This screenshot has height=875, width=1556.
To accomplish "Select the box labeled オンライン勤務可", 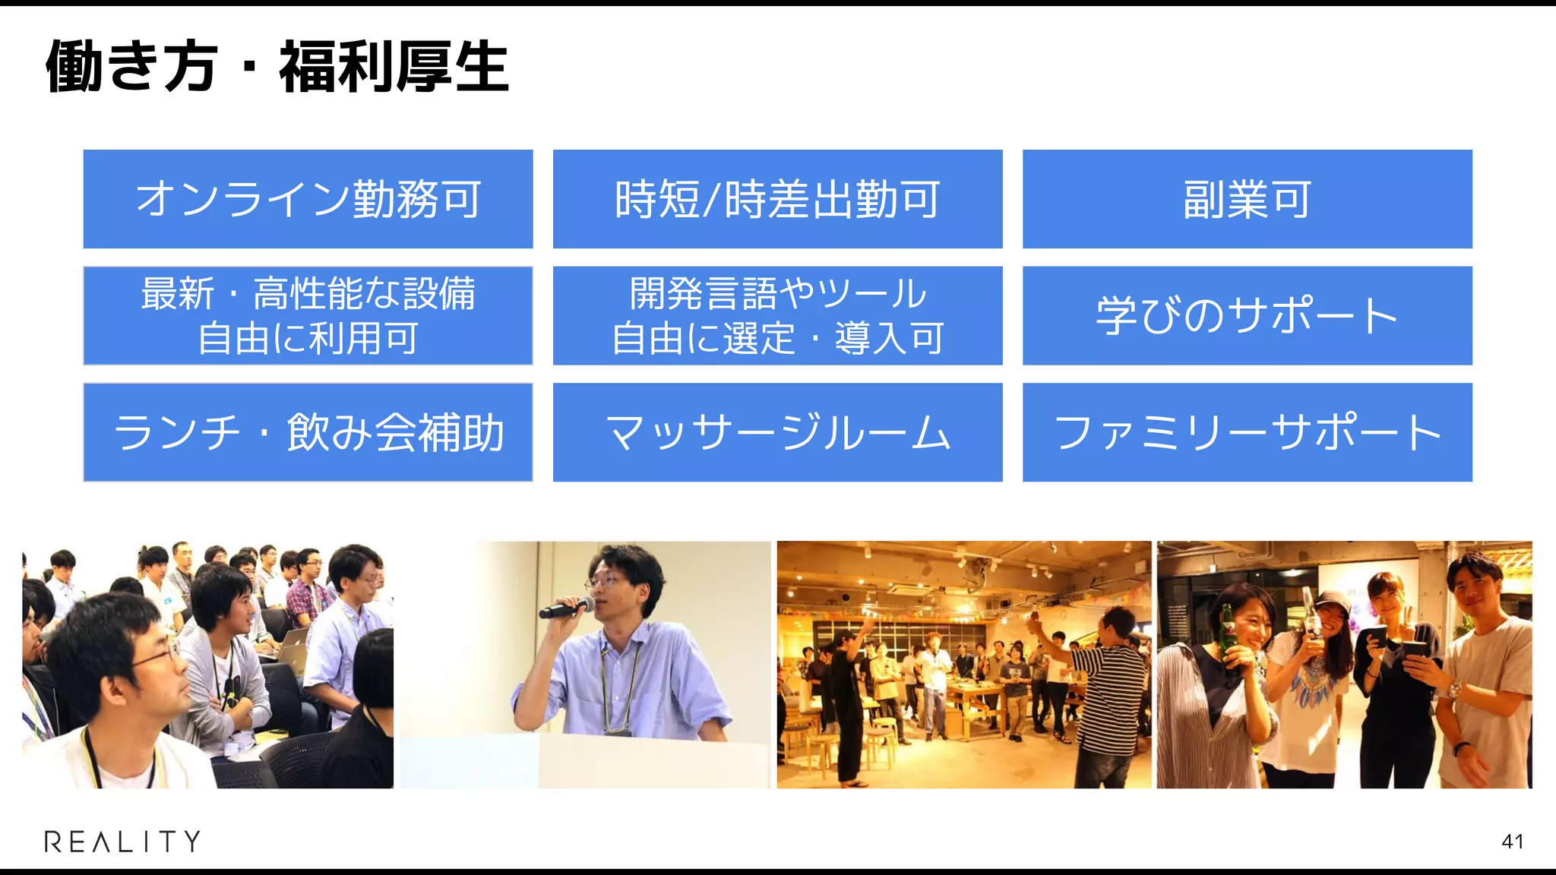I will pyautogui.click(x=308, y=199).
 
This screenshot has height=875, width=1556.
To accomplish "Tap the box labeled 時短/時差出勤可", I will pyautogui.click(x=777, y=199).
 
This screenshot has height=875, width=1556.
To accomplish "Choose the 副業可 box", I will pyautogui.click(x=1247, y=199).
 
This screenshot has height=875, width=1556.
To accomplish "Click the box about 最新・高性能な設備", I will pyautogui.click(x=308, y=315).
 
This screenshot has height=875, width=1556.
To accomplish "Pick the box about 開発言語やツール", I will pyautogui.click(x=777, y=315).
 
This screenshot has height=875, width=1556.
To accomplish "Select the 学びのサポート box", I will pyautogui.click(x=1247, y=315).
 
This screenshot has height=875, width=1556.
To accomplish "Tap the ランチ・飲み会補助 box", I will pyautogui.click(x=308, y=432).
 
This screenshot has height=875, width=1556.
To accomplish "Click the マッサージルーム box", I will pyautogui.click(x=777, y=432).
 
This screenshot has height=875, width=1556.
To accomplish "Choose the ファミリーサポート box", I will pyautogui.click(x=1247, y=432).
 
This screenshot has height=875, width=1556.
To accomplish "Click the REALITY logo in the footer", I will pyautogui.click(x=122, y=841).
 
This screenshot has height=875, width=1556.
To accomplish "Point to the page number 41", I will pyautogui.click(x=1512, y=842).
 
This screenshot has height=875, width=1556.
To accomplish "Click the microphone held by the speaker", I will pyautogui.click(x=566, y=608).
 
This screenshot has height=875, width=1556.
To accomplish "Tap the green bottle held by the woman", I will pyautogui.click(x=1227, y=634).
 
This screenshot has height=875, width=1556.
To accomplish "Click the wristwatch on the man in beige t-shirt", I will pyautogui.click(x=1452, y=690).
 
